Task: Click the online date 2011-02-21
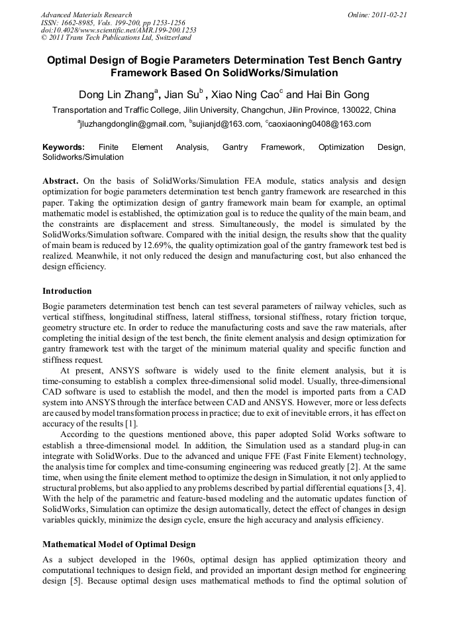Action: click(x=388, y=15)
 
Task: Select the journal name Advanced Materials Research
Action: click(x=86, y=15)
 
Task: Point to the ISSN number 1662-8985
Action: click(x=84, y=23)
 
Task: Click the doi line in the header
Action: click(x=119, y=31)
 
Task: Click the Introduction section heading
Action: click(x=67, y=291)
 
